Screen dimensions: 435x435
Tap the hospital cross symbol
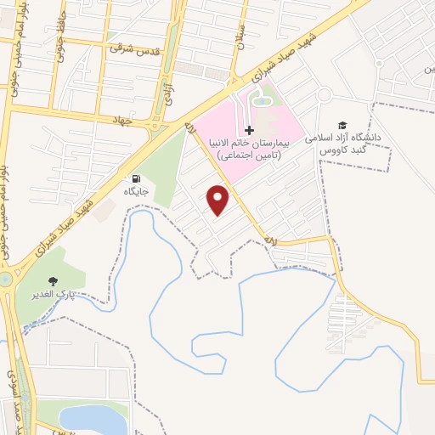(x=249, y=130)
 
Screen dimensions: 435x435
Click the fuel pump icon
(x=135, y=178)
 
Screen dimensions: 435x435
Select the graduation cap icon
(x=342, y=125)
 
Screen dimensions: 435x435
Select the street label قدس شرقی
(x=134, y=48)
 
